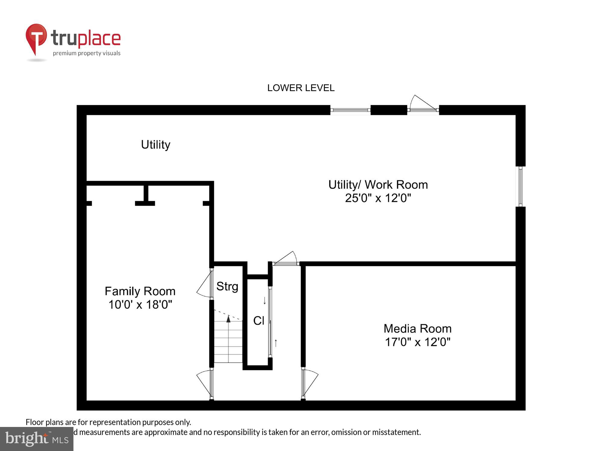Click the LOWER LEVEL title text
(301, 88)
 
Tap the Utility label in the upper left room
(156, 145)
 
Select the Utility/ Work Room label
(378, 185)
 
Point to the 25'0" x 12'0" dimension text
(378, 198)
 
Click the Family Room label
(140, 291)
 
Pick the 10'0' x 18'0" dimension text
(140, 305)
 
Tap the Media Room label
(417, 329)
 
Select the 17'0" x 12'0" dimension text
(417, 342)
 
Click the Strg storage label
(227, 286)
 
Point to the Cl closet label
(259, 321)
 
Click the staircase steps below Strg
(228, 343)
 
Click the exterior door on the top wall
(423, 105)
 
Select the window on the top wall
(350, 110)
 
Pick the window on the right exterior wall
(520, 186)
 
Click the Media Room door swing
(310, 383)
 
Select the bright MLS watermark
(37, 439)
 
